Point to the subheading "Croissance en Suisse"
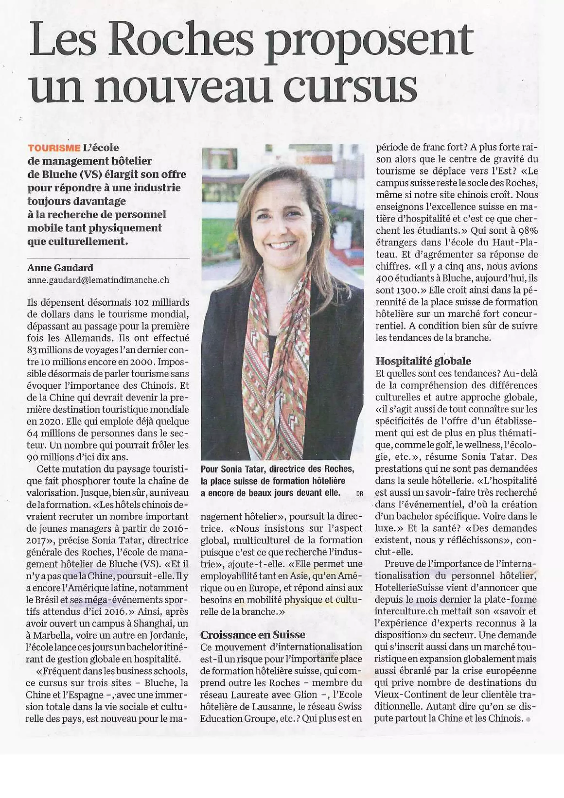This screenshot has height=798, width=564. [x=253, y=635]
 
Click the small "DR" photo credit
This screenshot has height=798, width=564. [x=359, y=493]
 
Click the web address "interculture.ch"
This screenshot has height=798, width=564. [x=402, y=611]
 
